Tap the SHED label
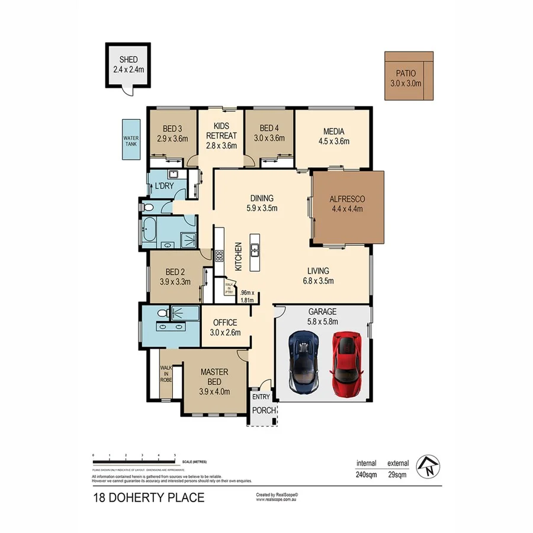point(129,60)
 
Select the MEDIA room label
point(334,131)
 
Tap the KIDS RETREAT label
point(221,131)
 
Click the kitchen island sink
point(255,249)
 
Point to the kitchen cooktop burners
point(219,256)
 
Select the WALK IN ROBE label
point(166,373)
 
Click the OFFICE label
point(225,323)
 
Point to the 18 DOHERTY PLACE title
point(148,497)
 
